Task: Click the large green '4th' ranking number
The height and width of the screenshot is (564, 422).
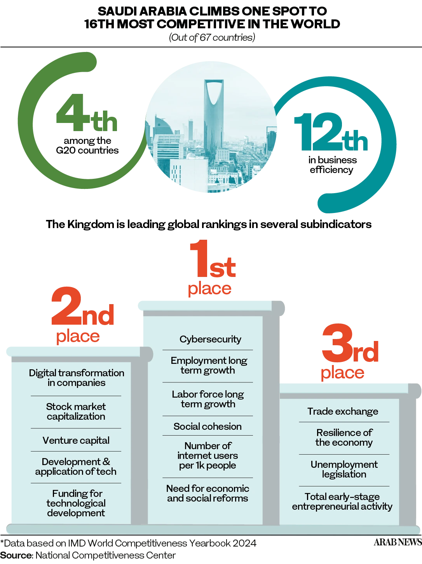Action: (x=87, y=112)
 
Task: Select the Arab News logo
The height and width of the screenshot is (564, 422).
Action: (x=398, y=542)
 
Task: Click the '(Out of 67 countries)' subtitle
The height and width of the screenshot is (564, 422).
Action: (x=212, y=38)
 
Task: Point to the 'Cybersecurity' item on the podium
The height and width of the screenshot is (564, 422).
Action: (x=210, y=339)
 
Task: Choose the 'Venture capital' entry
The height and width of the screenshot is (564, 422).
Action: (x=76, y=440)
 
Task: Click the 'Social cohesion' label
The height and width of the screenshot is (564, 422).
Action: (x=208, y=426)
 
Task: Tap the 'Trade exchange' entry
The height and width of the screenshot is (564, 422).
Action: (x=343, y=412)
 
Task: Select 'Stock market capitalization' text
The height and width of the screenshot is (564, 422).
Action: (x=76, y=412)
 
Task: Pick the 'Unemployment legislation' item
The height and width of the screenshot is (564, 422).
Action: (x=344, y=469)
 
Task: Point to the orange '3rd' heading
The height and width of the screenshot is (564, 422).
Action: (x=350, y=343)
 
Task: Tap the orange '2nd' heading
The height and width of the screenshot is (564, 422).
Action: (x=82, y=306)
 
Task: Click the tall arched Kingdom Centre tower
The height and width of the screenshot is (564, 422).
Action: (x=214, y=113)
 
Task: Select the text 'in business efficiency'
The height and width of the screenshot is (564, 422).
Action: (x=333, y=165)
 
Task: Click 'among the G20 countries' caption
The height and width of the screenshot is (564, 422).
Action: (x=87, y=145)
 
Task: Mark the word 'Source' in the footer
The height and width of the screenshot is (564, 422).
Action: (x=16, y=555)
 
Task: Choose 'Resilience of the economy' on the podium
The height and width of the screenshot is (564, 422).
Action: (x=344, y=438)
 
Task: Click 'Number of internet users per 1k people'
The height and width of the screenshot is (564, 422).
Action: (x=208, y=455)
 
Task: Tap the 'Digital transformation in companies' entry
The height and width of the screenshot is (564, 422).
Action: (x=76, y=378)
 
